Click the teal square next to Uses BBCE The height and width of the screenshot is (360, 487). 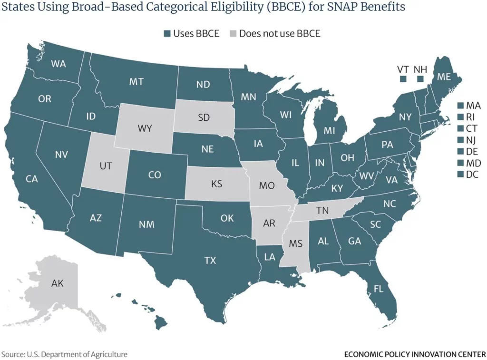166,34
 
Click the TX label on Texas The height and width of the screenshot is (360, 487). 210,260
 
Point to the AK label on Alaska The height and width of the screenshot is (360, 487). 57,284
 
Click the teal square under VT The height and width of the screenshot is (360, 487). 403,79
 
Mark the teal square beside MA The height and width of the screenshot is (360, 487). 460,105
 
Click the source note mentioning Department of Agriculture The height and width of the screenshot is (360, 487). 64,354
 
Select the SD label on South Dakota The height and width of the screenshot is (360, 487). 204,117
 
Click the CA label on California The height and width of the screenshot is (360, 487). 31,179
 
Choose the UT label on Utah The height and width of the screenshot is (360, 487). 106,166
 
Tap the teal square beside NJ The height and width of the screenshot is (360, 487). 460,140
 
